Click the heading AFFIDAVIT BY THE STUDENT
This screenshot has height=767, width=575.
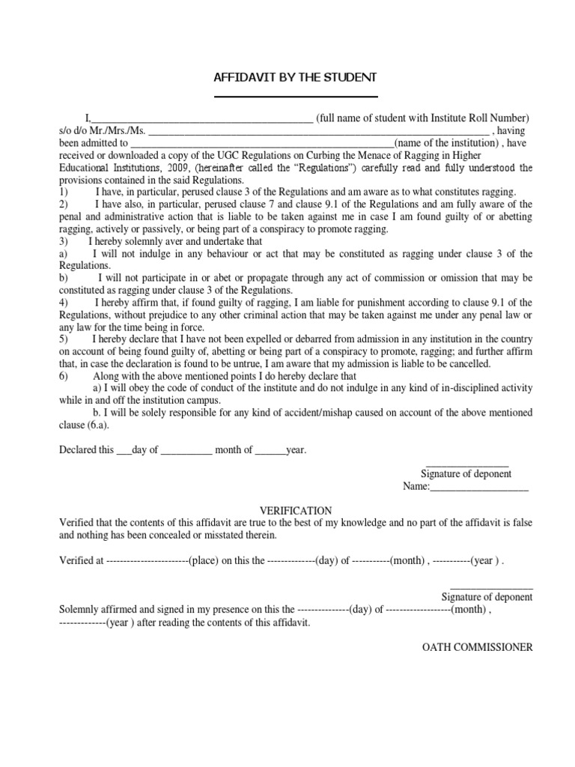(x=296, y=78)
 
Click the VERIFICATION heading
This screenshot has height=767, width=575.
(x=296, y=509)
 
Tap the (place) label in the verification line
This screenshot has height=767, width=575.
(x=204, y=560)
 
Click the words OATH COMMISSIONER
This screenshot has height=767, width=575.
(x=478, y=647)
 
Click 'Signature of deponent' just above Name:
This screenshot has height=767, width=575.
(x=466, y=474)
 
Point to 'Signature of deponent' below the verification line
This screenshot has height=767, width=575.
(x=487, y=597)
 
